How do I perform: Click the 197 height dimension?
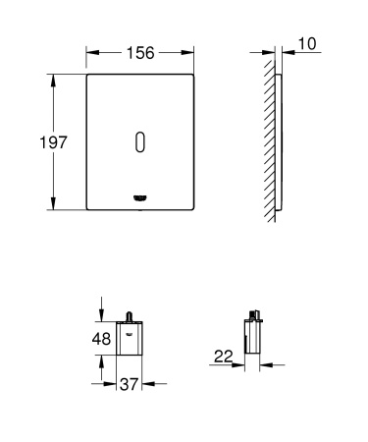(51, 143)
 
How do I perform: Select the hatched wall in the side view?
(269, 143)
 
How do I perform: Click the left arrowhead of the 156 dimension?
(91, 55)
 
